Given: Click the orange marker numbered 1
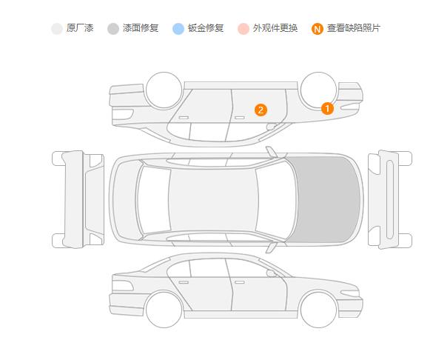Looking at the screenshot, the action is (327, 108).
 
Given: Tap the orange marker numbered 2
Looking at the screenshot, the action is (261, 110).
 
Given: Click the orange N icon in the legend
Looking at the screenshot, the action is (318, 29).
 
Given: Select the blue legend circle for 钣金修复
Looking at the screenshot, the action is (178, 29).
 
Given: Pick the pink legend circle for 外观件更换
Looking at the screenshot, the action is (244, 29).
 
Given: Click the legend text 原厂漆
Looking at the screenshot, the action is (80, 28).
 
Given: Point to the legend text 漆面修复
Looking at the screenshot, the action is (141, 28).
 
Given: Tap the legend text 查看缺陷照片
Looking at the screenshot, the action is (354, 28).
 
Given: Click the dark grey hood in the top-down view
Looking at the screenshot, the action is (326, 199).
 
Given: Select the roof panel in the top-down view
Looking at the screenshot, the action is (213, 199).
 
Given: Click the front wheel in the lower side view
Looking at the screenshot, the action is (318, 310).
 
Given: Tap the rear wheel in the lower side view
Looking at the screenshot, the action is (164, 310).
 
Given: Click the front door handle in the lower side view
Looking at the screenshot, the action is (239, 282).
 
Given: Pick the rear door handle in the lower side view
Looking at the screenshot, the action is (184, 282).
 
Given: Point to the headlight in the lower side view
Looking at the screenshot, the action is (349, 293).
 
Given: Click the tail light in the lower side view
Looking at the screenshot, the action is (122, 286).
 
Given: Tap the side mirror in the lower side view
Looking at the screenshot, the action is (271, 273).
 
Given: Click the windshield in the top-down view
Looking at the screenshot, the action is (276, 199).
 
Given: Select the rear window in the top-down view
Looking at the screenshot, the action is (154, 199).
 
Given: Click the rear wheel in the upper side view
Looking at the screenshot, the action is (164, 90).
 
